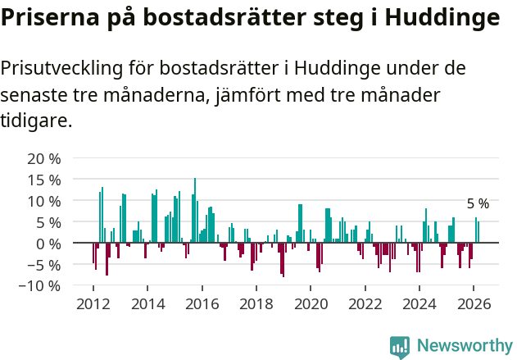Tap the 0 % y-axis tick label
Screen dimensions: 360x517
48,244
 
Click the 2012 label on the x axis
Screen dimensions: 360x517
93,303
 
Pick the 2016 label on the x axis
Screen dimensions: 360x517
202,303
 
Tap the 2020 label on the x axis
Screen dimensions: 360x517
311,303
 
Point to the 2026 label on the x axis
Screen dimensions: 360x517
474,303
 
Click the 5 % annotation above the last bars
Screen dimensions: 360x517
478,203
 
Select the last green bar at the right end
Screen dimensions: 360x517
478,232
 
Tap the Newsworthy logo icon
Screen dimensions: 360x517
400,346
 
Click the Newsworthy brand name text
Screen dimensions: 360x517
465,346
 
